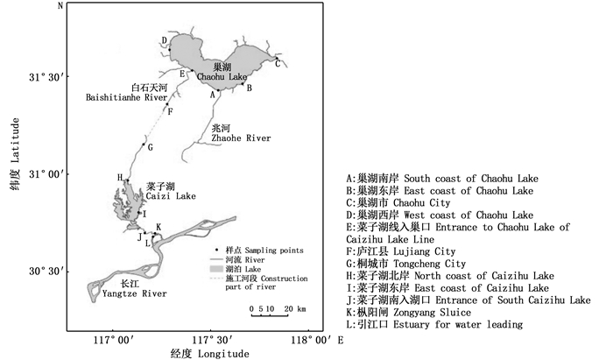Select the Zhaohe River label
236,133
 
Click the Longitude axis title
209,353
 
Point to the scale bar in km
276,311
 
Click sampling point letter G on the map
151,146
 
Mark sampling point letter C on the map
278,64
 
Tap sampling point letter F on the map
170,111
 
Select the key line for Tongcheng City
406,263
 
